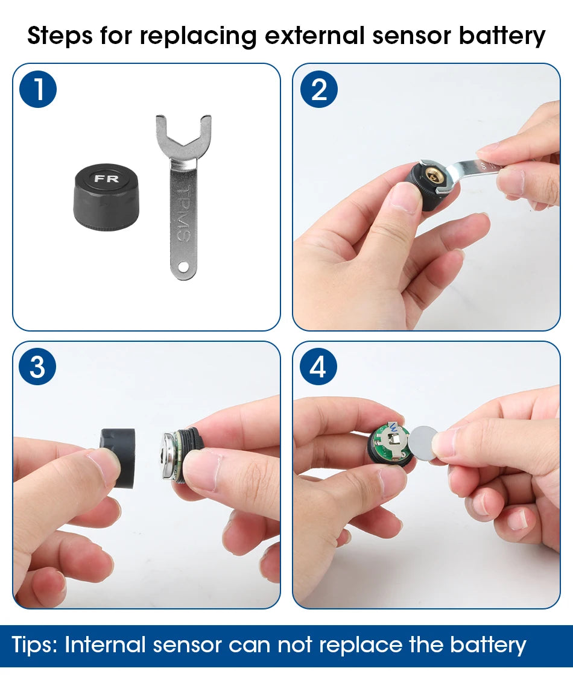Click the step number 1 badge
point(38,89)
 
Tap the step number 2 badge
point(319,89)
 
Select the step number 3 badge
point(38,367)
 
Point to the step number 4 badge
point(318,367)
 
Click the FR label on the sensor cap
point(106,178)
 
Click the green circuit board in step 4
point(391,443)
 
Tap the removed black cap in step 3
point(118,458)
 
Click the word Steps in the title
point(60,36)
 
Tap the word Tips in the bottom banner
point(35,645)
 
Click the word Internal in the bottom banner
point(105,644)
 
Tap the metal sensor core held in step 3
point(174,456)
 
